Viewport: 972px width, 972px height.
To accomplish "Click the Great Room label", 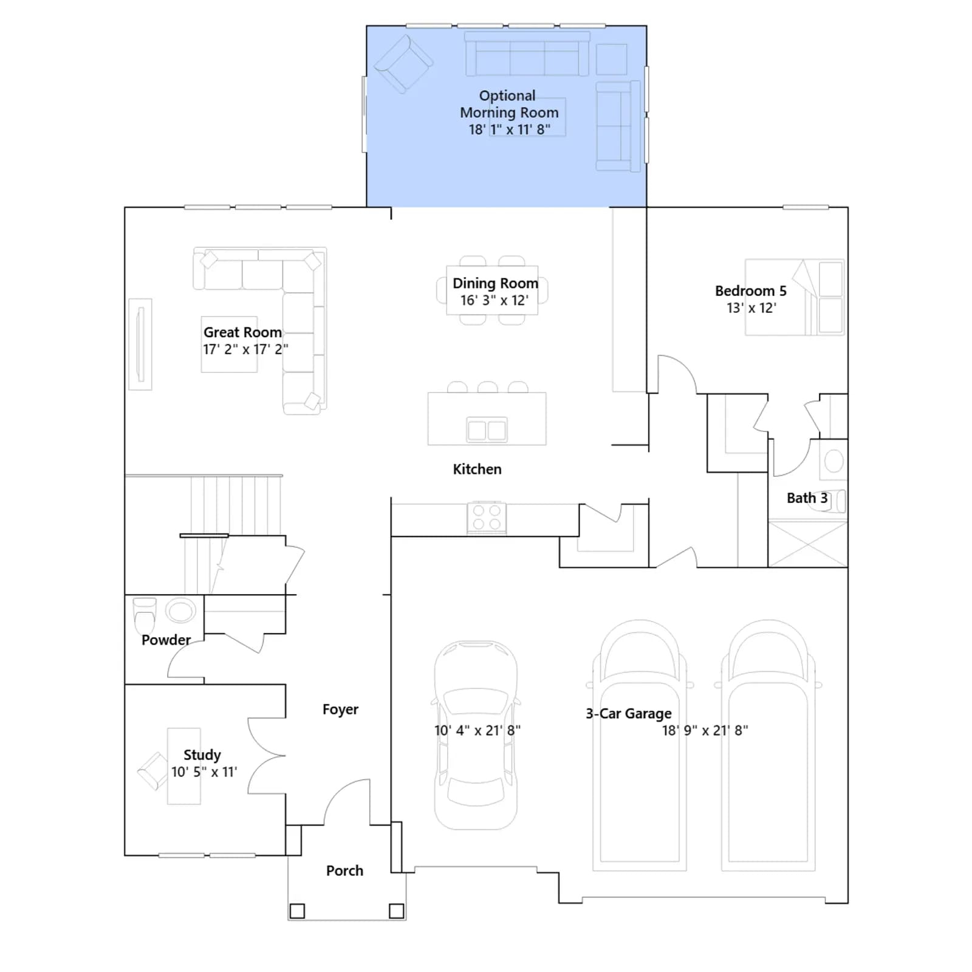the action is tap(242, 332).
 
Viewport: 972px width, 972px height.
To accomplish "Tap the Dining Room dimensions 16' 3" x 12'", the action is tap(495, 300).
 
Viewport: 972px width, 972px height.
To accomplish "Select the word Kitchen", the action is tap(477, 469).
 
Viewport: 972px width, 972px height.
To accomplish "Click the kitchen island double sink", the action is tap(487, 430).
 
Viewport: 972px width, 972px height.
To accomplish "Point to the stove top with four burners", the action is tap(487, 518).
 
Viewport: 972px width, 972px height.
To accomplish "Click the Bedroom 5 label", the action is tap(751, 291).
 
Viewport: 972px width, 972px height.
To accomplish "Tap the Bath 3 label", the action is tap(807, 498).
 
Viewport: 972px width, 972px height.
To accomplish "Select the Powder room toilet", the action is tap(145, 615).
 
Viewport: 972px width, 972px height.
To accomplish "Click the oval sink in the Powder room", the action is tap(180, 610).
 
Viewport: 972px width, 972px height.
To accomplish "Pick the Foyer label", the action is tap(340, 710).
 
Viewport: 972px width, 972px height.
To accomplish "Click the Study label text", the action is tap(202, 755).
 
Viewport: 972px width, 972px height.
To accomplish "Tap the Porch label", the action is tap(344, 871).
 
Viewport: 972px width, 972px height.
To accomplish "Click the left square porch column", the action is tap(297, 911).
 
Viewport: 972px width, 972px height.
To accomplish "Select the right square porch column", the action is tap(396, 911).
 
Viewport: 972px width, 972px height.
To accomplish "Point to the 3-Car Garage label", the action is tap(629, 714).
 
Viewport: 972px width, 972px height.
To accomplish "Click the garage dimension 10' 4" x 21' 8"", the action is tap(477, 731).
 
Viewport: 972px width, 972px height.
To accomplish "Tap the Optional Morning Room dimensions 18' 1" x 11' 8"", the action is tap(509, 129).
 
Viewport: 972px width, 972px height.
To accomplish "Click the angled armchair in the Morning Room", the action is tap(403, 64).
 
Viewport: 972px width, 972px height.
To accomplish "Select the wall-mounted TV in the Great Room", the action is tap(140, 344).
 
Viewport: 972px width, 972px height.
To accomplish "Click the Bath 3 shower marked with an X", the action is tap(807, 544).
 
